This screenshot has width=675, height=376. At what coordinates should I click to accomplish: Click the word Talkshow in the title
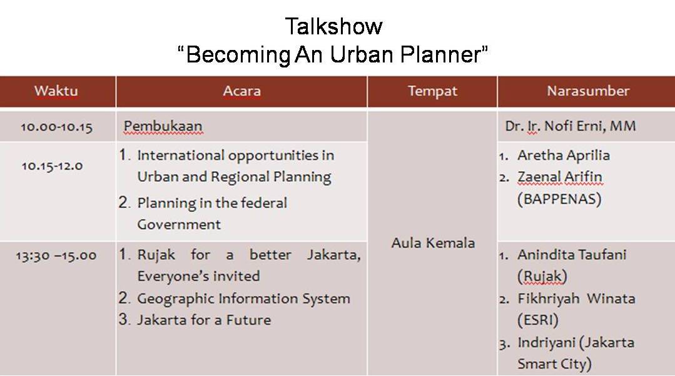point(333,26)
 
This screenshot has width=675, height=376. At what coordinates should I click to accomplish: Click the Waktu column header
point(56,91)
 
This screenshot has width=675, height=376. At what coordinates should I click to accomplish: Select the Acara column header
point(242,91)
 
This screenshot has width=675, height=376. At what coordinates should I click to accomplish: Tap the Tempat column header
point(433,92)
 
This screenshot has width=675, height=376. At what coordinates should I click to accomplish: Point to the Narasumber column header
point(588,91)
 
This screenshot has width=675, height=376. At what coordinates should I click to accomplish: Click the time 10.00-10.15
point(56,127)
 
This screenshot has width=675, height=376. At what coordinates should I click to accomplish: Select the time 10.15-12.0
point(52,166)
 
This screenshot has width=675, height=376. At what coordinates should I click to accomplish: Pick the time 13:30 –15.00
point(56,255)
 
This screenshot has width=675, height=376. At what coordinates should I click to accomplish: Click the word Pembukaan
point(163,126)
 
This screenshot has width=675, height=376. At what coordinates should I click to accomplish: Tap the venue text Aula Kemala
point(433,243)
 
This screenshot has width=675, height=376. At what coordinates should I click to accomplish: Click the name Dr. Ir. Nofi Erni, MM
point(571,126)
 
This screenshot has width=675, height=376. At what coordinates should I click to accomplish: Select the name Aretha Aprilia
point(564,155)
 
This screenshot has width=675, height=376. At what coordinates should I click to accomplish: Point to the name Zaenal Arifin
point(560,177)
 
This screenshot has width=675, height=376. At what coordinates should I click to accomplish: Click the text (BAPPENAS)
point(559,199)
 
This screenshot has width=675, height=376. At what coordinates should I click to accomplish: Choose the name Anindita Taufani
point(572,254)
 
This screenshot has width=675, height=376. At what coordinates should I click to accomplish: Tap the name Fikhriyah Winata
point(576,299)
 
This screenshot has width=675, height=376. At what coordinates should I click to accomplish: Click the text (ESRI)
point(537,320)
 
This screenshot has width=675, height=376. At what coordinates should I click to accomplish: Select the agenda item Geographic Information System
point(243,299)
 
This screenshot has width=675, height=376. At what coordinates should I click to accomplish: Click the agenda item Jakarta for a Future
point(204,320)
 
